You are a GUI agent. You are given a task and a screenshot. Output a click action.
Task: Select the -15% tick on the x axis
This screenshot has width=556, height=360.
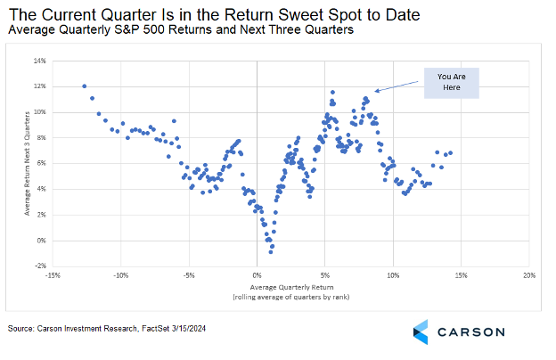[x=53, y=275]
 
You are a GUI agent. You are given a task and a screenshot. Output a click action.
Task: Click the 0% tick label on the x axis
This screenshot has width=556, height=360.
[x=257, y=275]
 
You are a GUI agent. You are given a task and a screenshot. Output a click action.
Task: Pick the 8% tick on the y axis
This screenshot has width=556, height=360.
[x=40, y=138]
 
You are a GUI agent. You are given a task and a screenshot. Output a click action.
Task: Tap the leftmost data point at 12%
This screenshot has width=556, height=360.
[x=84, y=86]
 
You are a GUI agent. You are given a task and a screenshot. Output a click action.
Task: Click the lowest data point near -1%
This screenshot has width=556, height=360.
[x=271, y=252]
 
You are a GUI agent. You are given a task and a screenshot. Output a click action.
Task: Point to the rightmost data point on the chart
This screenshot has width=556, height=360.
[x=451, y=152]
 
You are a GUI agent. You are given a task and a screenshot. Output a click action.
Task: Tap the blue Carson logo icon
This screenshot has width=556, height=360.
[x=423, y=331]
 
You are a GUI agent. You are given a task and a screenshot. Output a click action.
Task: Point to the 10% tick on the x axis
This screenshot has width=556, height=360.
[x=393, y=275]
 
